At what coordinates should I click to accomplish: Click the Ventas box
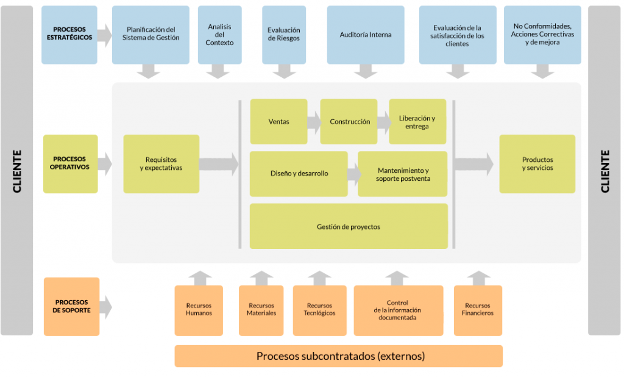coord(278,122)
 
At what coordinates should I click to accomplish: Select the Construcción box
coord(349,122)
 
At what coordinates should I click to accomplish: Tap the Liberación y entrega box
coord(417,122)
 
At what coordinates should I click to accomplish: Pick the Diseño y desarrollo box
coord(299,173)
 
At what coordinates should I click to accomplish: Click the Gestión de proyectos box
coord(349,226)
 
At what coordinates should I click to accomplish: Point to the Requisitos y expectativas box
coord(161,164)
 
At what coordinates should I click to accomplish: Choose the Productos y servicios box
coord(537,164)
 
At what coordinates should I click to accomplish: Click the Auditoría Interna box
coord(365,35)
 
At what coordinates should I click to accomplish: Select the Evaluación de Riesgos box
coord(283,35)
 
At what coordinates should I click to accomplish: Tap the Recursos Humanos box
coord(199,309)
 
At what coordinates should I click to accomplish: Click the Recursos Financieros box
coord(478,309)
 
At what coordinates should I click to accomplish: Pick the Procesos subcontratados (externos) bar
coord(338,356)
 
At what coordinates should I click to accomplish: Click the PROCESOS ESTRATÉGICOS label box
coord(69,35)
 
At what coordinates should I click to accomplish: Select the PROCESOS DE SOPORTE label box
coord(71,306)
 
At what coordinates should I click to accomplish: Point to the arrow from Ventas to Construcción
coord(314,122)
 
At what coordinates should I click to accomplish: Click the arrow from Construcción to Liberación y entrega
coord(384,122)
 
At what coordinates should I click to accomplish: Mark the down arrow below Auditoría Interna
coord(366,72)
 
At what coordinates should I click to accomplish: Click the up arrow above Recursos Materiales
coord(261,278)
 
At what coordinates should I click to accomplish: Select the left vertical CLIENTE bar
coord(16,170)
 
